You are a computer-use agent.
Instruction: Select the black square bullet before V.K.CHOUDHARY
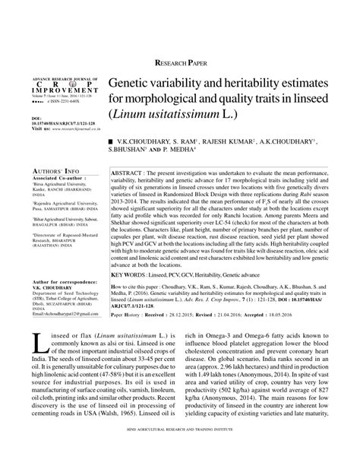coord(111,141)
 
